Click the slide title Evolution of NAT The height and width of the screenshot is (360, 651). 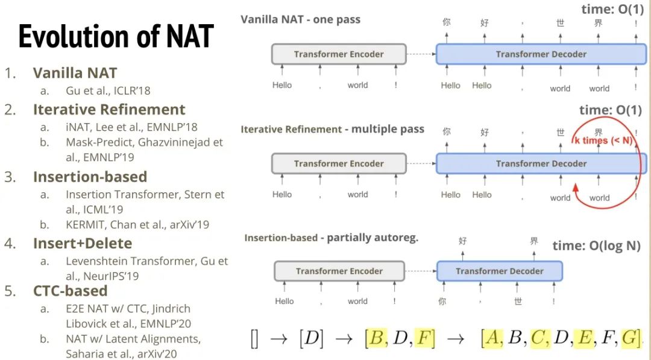tap(116, 37)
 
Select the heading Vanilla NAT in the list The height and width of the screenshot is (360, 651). tap(75, 74)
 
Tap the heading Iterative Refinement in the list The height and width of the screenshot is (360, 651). tap(109, 110)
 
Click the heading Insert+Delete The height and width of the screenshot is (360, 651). tap(82, 243)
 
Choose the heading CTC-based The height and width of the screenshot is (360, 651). tap(70, 291)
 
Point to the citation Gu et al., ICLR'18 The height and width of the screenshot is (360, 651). tap(108, 91)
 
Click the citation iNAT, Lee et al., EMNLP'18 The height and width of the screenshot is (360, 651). tap(131, 127)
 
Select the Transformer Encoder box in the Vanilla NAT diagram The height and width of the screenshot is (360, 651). tap(339, 54)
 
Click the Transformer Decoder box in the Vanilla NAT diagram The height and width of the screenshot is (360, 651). tap(541, 54)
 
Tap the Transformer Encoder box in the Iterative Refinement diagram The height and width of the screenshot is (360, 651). tap(339, 163)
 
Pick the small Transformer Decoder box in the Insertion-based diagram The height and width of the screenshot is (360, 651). tap(499, 271)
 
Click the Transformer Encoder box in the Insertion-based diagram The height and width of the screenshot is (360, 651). tap(339, 271)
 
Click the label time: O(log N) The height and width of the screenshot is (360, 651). tap(596, 246)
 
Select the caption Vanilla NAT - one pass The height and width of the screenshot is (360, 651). tap(300, 19)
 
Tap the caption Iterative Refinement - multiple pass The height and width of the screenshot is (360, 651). tap(332, 129)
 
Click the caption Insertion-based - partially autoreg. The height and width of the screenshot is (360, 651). tap(331, 238)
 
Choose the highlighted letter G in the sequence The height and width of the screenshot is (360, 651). tap(630, 339)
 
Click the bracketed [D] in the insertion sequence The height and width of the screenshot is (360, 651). tap(312, 339)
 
